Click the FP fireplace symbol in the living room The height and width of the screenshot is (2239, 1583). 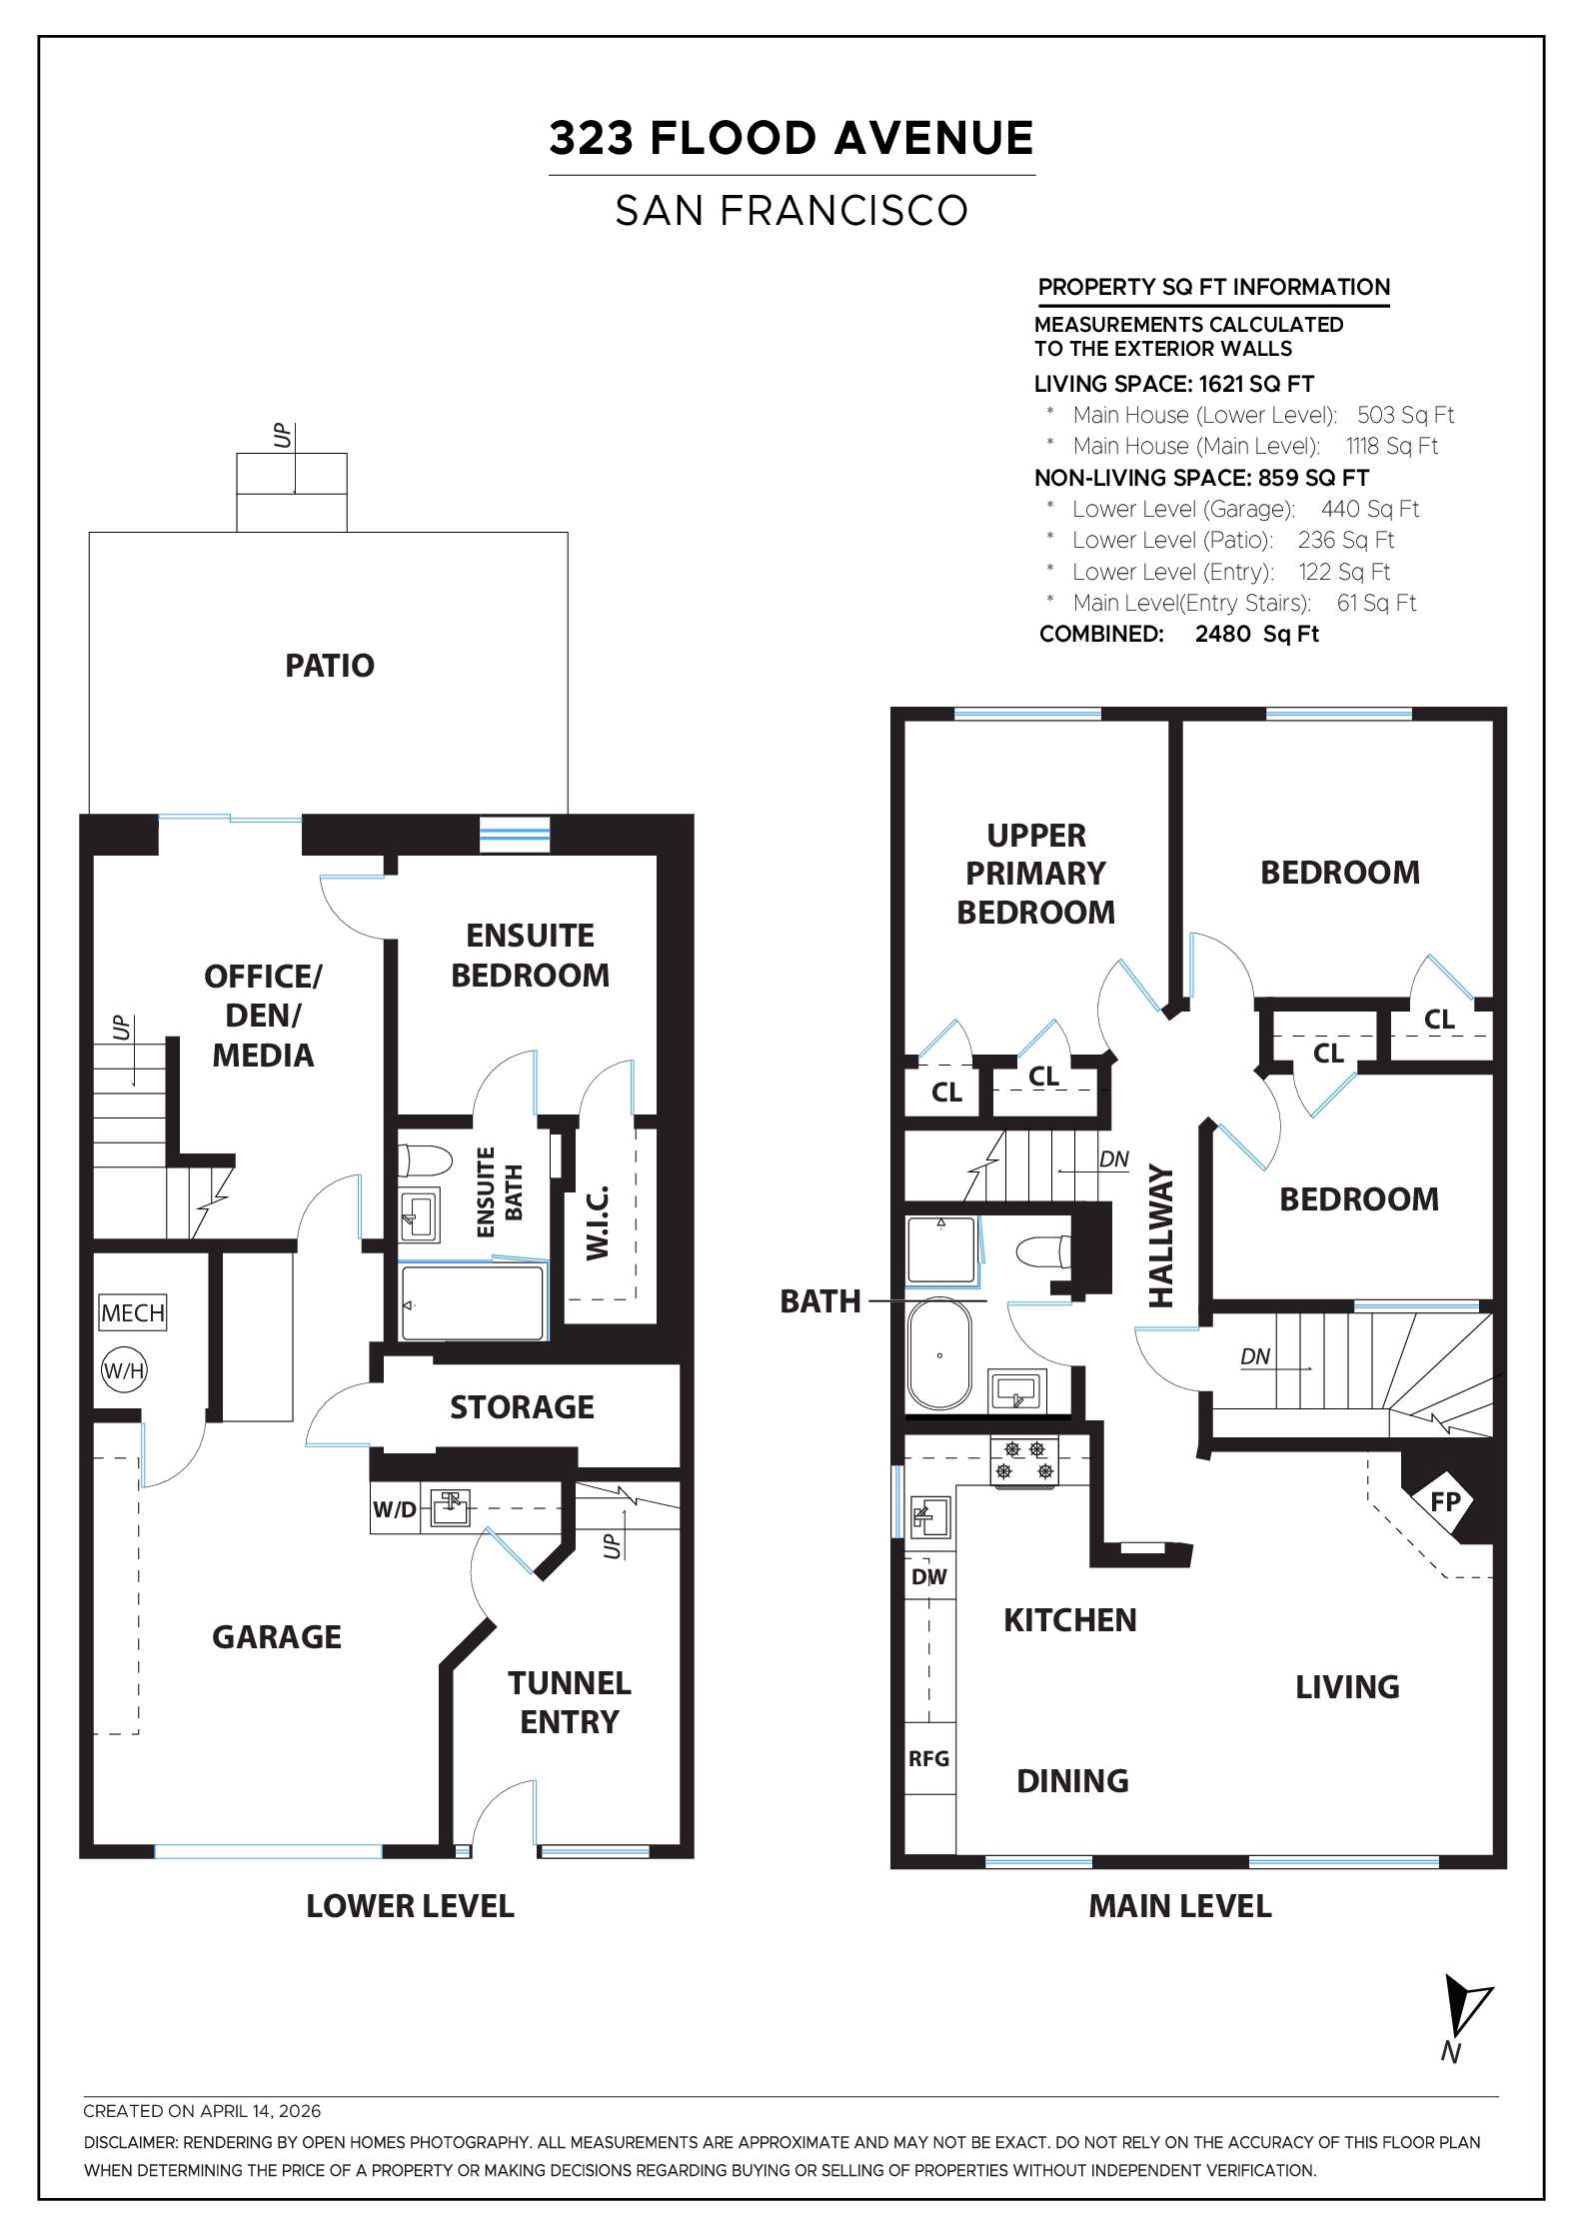[1445, 1501]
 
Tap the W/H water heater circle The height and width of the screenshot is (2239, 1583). [124, 1371]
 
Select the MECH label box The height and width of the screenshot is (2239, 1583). [133, 1312]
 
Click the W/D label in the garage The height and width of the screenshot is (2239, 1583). [395, 1509]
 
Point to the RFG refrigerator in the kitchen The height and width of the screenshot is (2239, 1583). [928, 1758]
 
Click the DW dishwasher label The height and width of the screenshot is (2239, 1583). [928, 1577]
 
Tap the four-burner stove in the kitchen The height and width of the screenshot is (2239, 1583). [1024, 1460]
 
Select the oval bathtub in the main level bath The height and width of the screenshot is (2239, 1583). [939, 1354]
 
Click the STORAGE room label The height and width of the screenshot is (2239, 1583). [522, 1407]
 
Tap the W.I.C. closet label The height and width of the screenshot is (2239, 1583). [598, 1223]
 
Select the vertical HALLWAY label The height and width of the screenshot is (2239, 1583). [1160, 1235]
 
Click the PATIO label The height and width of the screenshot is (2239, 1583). [330, 666]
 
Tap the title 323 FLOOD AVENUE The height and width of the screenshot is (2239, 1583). [791, 138]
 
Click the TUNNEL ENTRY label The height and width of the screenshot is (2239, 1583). [569, 1702]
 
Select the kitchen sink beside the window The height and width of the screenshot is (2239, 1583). [929, 1518]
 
